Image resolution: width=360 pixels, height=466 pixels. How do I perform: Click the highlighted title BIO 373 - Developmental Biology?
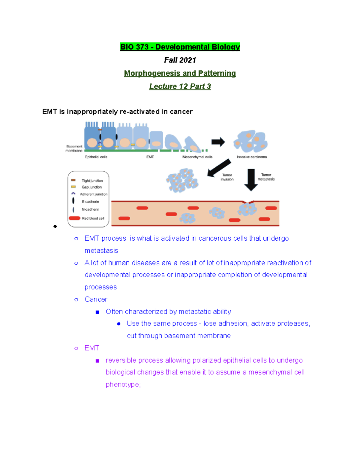[180, 47]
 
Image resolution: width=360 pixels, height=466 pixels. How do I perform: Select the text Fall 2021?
[180, 60]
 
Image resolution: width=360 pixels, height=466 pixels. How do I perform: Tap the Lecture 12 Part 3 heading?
[180, 86]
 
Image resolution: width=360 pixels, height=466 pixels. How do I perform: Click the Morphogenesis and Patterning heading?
[180, 73]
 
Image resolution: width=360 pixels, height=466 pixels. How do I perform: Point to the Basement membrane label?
[74, 149]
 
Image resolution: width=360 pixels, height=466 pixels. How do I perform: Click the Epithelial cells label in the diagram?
[96, 157]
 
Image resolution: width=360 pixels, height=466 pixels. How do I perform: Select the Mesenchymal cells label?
[197, 157]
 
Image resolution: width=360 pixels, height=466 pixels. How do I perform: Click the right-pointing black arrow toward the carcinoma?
[218, 142]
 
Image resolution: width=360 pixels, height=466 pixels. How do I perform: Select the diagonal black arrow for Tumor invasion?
[219, 168]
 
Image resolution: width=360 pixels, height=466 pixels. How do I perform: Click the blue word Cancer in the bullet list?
[96, 299]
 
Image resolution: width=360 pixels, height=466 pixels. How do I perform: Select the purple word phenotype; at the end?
[123, 385]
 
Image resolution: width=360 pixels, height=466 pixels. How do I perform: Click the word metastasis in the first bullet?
[101, 251]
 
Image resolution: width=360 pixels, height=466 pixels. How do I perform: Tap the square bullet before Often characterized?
[97, 312]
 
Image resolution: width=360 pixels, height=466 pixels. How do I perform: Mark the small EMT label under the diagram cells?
[150, 157]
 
